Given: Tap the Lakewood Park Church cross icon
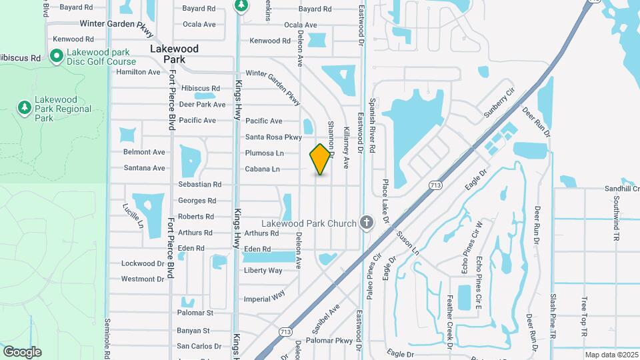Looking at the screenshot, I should tap(366, 223).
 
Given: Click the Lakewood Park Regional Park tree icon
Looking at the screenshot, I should tap(24, 107).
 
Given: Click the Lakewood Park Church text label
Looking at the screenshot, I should tap(309, 224).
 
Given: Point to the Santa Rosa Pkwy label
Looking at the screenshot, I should tap(273, 137).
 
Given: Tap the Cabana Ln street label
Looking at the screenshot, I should tap(262, 169).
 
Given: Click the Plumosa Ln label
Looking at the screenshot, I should tap(265, 153).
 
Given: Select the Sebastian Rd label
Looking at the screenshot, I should tap(199, 184).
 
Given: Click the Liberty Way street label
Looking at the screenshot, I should tap(263, 270).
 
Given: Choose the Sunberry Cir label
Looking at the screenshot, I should tap(499, 102).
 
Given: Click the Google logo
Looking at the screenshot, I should tap(22, 352).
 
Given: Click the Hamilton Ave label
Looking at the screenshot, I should tap(138, 72).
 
